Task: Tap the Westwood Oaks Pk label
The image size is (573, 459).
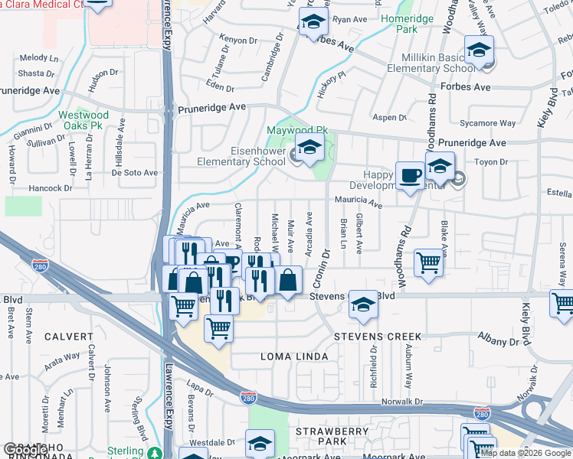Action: [84, 121]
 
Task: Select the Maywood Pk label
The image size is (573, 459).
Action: [296, 131]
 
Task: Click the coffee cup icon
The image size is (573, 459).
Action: [410, 176]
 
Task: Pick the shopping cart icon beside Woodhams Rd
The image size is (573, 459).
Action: [430, 262]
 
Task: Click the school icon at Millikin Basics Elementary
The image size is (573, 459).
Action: [479, 51]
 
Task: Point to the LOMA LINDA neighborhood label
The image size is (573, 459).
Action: [294, 356]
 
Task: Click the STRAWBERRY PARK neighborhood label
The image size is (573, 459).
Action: [344, 437]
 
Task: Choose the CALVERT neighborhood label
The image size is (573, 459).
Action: [68, 336]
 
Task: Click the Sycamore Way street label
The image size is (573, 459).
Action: [486, 122]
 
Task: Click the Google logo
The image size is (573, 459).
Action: [25, 450]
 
